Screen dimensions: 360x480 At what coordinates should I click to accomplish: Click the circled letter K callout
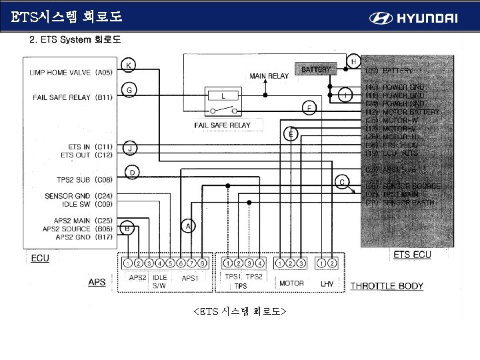click(x=129, y=65)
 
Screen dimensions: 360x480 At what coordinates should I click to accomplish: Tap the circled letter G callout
click(x=129, y=89)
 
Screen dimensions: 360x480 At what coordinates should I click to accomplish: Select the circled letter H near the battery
click(x=353, y=61)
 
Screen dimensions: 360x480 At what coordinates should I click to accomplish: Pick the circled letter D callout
click(x=132, y=173)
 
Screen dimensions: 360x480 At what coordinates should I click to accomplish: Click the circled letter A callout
click(x=188, y=227)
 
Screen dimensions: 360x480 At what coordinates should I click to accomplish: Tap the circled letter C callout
click(x=342, y=181)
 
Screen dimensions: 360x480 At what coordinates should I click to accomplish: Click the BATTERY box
click(x=316, y=69)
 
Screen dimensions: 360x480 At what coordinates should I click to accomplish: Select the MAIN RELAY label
click(x=269, y=76)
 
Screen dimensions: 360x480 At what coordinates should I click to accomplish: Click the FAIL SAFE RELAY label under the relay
click(x=222, y=125)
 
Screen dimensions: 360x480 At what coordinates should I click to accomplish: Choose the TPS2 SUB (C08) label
click(x=84, y=179)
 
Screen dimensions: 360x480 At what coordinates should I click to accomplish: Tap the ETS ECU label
click(x=412, y=255)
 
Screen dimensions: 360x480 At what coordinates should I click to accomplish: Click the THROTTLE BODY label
click(x=387, y=287)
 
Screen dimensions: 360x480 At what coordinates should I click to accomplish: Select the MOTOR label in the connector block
click(x=291, y=283)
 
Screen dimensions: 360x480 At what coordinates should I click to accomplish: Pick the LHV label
click(x=327, y=283)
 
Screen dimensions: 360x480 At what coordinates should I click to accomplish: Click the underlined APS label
click(x=97, y=283)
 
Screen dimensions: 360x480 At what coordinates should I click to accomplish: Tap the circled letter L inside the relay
click(x=223, y=95)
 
